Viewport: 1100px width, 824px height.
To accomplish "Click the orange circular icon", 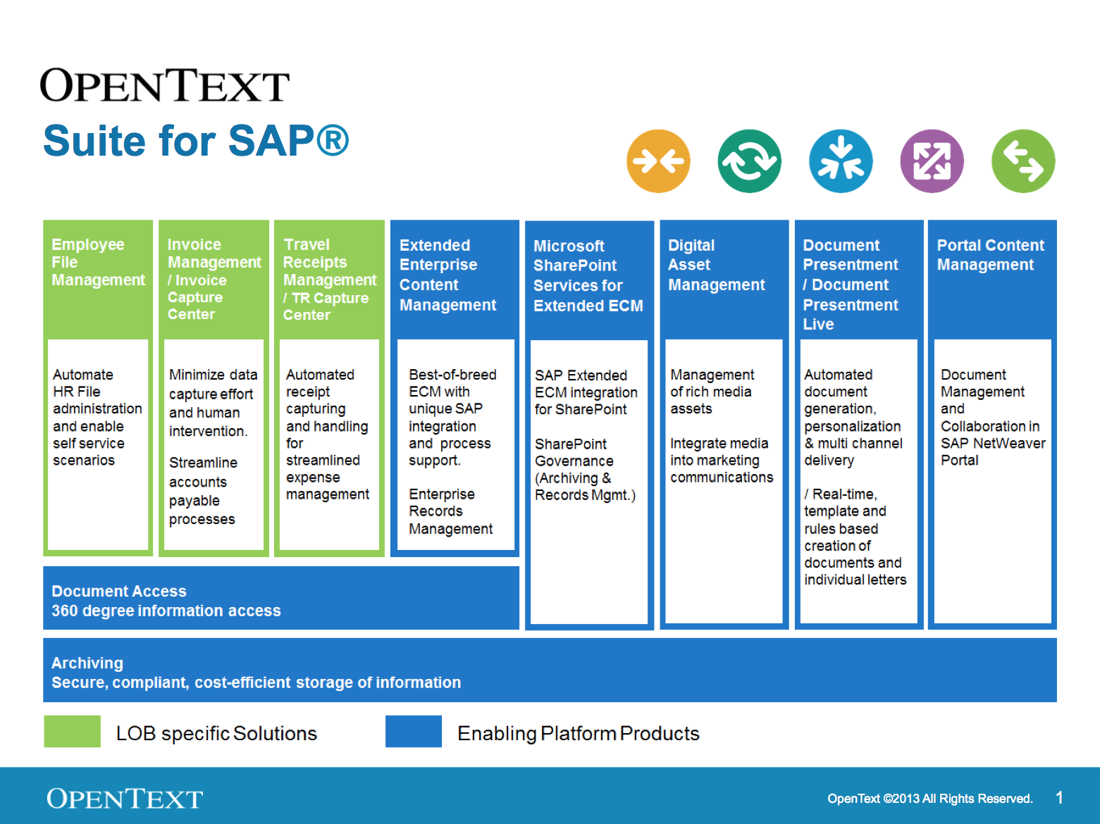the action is [658, 161].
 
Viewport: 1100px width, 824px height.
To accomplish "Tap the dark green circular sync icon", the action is [750, 161].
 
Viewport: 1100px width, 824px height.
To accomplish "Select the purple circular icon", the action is [932, 161].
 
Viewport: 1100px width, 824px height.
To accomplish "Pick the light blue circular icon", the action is [841, 161].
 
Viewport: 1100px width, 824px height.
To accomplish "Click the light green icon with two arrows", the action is [1023, 161].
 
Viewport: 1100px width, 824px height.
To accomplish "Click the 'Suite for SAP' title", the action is [196, 141].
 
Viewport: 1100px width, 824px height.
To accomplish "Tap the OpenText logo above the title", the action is [165, 85].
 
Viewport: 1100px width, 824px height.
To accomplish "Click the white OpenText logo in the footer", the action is [125, 798].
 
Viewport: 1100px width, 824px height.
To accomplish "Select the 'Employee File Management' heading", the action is [98, 262].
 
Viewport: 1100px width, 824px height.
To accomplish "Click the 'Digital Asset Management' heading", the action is [716, 265].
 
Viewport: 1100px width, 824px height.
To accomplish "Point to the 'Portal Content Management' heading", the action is [990, 255].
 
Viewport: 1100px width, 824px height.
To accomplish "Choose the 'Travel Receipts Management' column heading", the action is [330, 262].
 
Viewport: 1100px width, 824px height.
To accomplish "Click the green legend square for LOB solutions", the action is [72, 731].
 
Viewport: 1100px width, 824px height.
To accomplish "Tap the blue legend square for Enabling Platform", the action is [414, 731].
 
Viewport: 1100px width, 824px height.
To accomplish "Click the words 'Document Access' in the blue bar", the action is [119, 591].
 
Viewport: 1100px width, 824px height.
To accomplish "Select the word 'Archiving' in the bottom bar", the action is [87, 663].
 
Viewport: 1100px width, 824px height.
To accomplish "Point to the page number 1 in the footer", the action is [1059, 798].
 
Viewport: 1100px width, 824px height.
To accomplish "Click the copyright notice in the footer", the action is [930, 799].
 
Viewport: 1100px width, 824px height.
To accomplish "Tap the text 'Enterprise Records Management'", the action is [450, 511].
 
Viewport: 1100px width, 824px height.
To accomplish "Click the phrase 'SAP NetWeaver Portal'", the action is [993, 451].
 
